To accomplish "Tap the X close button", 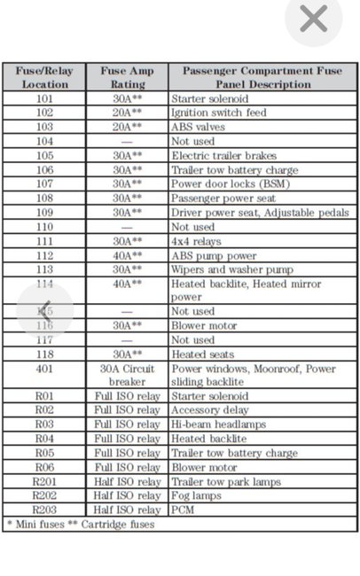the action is (x=314, y=19).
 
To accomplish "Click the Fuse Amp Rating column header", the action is (x=128, y=77).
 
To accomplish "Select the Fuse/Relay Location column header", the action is (x=44, y=77).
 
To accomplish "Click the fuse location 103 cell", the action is (x=44, y=128).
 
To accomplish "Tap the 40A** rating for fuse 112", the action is (x=128, y=255).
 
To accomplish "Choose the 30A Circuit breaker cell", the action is (x=128, y=375).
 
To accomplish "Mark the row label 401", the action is (x=44, y=369).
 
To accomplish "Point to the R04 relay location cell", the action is (x=44, y=439).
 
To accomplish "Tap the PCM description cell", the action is (x=184, y=510).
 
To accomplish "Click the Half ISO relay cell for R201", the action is (x=128, y=481).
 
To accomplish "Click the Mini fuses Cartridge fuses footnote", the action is (x=81, y=524).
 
